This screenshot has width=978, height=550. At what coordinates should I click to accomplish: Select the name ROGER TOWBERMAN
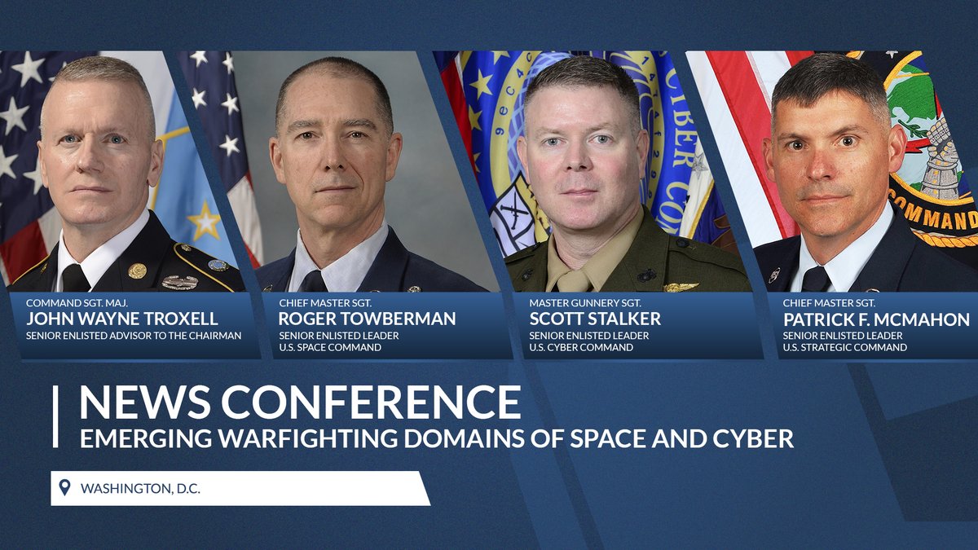tap(367, 319)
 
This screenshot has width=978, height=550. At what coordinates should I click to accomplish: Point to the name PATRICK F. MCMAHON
tap(876, 319)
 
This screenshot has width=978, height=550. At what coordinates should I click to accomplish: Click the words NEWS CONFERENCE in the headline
tap(300, 402)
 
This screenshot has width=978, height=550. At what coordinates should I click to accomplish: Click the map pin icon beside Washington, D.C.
tap(65, 488)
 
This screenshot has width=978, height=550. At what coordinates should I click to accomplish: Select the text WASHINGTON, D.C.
tap(140, 489)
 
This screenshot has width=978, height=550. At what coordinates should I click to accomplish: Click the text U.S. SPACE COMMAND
tap(330, 348)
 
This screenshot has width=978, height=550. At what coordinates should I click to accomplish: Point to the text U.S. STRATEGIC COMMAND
tap(845, 348)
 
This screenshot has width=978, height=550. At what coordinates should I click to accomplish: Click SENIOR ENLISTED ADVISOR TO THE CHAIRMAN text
tap(134, 336)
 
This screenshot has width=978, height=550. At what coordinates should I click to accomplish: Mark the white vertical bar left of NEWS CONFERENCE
tap(55, 416)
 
